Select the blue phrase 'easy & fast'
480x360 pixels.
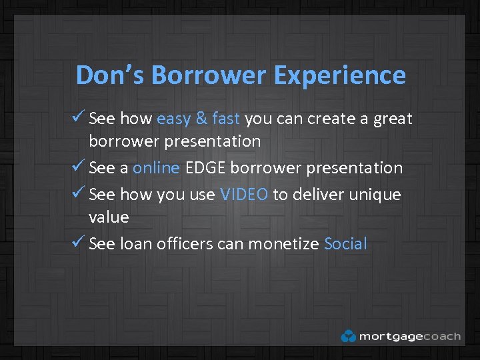[x=198, y=119]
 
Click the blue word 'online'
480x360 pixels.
[x=156, y=168]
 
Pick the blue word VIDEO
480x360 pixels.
[x=244, y=195]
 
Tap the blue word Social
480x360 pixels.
[x=345, y=244]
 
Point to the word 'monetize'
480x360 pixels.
[x=283, y=244]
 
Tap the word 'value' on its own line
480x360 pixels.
[x=109, y=217]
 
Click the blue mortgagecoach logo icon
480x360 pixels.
[x=348, y=336]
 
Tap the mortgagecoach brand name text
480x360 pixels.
[x=409, y=336]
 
